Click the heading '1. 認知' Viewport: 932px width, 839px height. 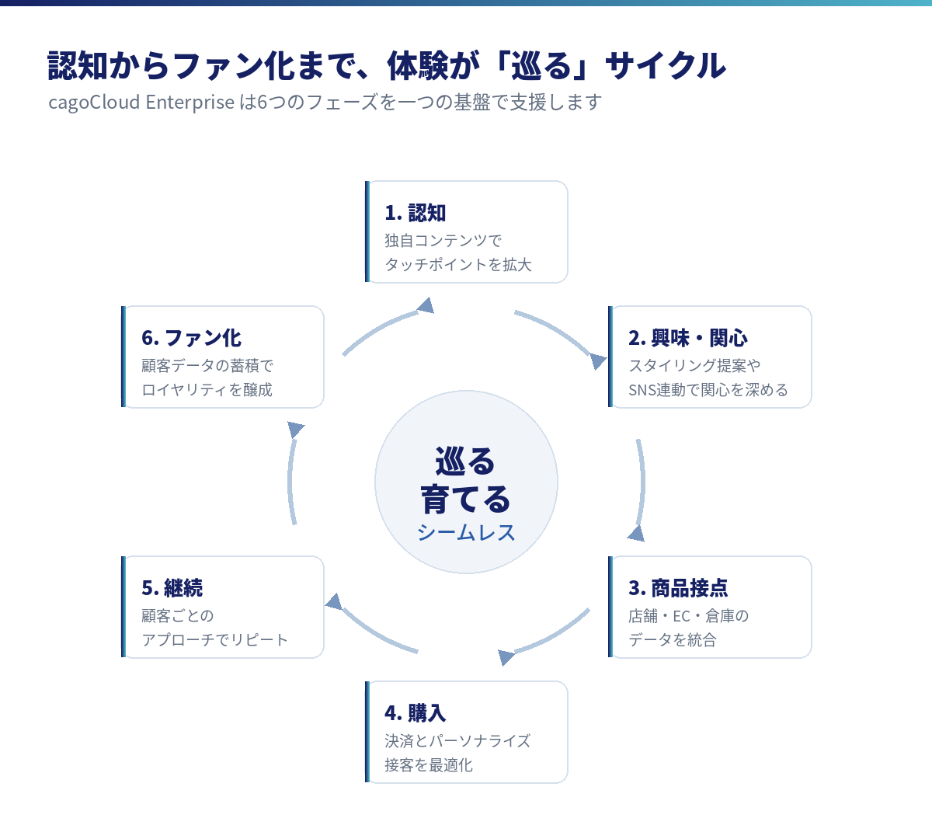(415, 213)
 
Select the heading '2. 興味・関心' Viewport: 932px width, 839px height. (687, 338)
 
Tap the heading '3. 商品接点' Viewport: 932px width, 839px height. (678, 588)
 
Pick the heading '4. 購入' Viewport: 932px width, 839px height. (415, 713)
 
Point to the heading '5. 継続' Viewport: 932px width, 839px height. (172, 588)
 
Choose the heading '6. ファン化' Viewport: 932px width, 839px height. (191, 338)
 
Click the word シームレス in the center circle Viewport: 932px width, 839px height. (466, 532)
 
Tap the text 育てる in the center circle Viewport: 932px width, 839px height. (465, 500)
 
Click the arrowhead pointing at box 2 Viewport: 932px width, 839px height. (598, 361)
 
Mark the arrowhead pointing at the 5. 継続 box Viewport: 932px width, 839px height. (334, 602)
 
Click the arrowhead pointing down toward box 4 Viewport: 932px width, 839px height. (506, 657)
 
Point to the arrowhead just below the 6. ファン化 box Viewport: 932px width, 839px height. (295, 429)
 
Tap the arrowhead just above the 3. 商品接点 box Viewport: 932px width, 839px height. (637, 534)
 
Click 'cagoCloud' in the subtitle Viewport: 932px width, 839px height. (94, 103)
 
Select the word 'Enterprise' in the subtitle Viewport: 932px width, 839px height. (190, 103)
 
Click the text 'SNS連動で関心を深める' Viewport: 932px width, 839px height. (708, 390)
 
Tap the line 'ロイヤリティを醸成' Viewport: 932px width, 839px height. (207, 390)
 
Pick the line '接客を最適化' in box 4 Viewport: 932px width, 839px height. (429, 765)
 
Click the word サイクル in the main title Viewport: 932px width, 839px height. (666, 65)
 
